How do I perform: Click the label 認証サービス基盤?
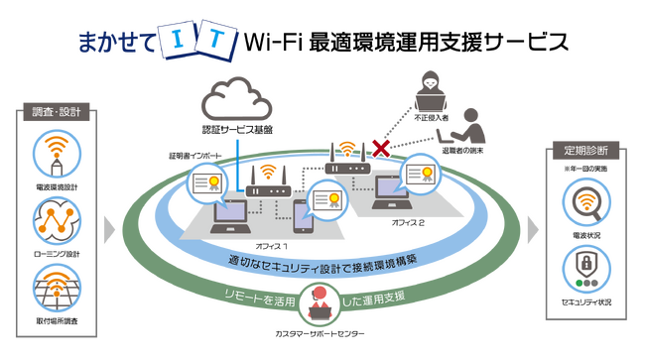(237, 130)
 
